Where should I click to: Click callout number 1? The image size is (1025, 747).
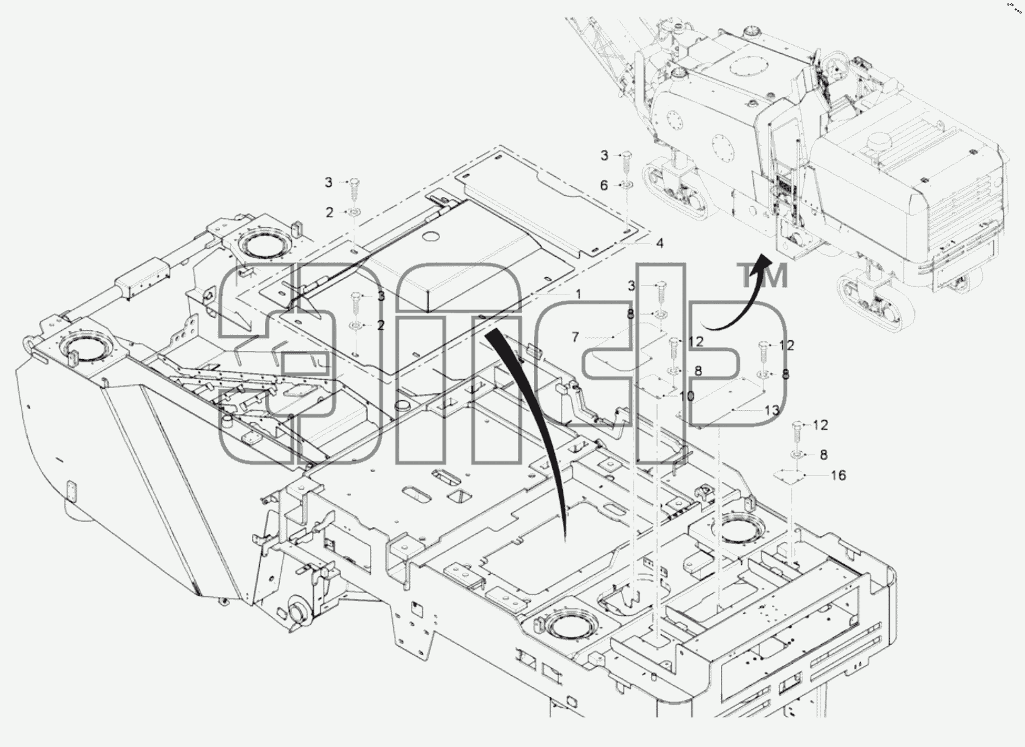point(578,294)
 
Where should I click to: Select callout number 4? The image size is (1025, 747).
point(659,243)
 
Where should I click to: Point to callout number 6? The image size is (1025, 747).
point(604,186)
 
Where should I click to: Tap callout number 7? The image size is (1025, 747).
point(576,337)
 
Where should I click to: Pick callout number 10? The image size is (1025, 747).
point(687,396)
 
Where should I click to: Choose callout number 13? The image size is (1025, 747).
point(772,410)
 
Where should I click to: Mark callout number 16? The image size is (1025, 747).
point(838,475)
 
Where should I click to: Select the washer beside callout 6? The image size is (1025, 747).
point(626,185)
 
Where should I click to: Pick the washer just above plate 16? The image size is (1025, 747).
point(797,455)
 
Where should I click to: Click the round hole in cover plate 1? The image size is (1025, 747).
point(431,237)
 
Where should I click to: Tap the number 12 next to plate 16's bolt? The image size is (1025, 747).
point(821,426)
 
